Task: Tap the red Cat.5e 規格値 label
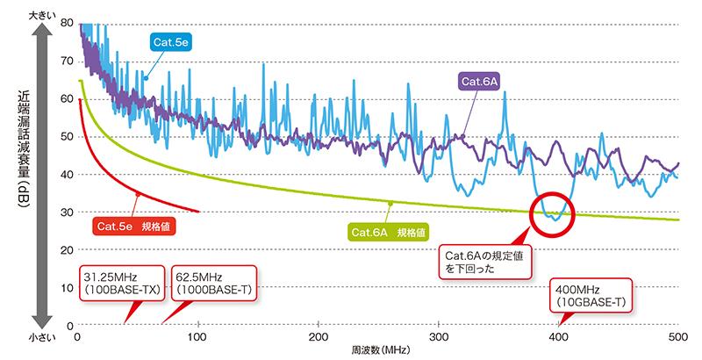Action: [x=129, y=227]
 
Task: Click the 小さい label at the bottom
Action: [x=39, y=335]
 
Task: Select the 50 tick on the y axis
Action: [x=67, y=137]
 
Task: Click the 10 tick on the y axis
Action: [x=67, y=288]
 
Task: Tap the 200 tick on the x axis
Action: [x=319, y=337]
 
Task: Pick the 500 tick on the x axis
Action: [x=677, y=337]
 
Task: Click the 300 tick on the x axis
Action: [x=439, y=337]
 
